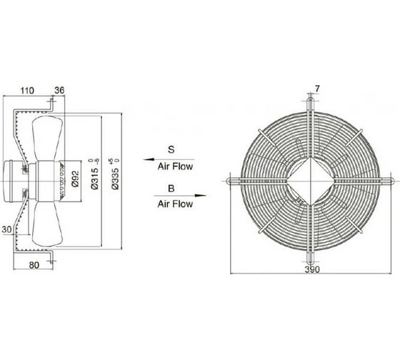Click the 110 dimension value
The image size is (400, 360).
click(x=27, y=91)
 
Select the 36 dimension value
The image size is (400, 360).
click(x=59, y=90)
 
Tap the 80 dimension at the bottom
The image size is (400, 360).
click(x=34, y=265)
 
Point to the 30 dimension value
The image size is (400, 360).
click(x=6, y=229)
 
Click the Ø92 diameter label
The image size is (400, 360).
click(x=76, y=179)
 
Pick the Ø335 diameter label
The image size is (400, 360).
click(x=115, y=174)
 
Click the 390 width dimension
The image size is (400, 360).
click(x=312, y=269)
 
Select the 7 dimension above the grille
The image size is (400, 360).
click(x=317, y=89)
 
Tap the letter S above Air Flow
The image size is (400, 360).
click(x=171, y=149)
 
